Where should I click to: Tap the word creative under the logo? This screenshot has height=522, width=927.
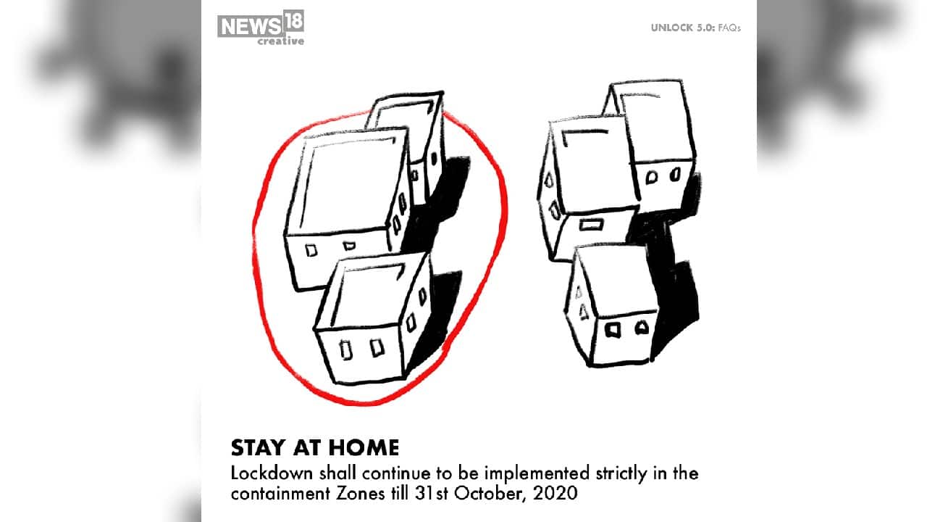pyautogui.click(x=280, y=41)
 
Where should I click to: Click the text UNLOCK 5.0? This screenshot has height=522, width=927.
pyautogui.click(x=683, y=28)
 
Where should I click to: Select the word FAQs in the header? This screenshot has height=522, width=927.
pyautogui.click(x=729, y=28)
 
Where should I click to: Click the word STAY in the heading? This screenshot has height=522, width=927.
pyautogui.click(x=259, y=448)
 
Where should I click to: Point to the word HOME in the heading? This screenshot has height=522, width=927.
pyautogui.click(x=364, y=448)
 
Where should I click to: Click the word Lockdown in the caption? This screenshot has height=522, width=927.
pyautogui.click(x=272, y=473)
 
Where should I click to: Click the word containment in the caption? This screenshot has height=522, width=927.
pyautogui.click(x=280, y=494)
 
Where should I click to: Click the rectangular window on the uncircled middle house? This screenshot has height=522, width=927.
pyautogui.click(x=591, y=225)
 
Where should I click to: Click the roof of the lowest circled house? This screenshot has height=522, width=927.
pyautogui.click(x=369, y=294)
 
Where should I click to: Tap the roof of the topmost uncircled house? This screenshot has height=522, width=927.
pyautogui.click(x=653, y=121)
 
